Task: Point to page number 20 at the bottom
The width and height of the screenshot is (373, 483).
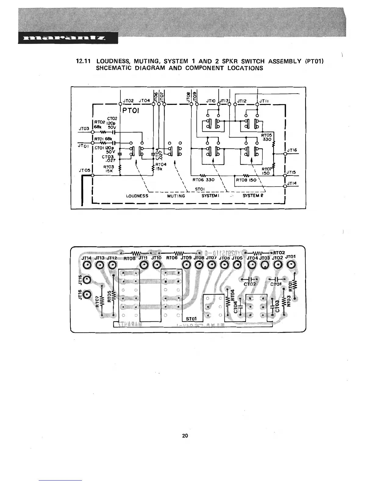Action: coord(185,435)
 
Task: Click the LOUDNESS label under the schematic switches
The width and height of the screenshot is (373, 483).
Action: coord(137,196)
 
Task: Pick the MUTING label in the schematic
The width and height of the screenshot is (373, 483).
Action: coord(176,196)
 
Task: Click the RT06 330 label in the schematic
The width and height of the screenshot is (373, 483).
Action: coord(204,180)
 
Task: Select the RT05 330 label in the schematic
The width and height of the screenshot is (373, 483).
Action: coord(267,137)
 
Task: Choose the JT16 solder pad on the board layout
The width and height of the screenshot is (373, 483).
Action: coord(87,295)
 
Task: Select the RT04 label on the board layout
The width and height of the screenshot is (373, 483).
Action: coord(233,294)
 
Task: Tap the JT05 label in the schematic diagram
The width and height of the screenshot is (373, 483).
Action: coord(84,170)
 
